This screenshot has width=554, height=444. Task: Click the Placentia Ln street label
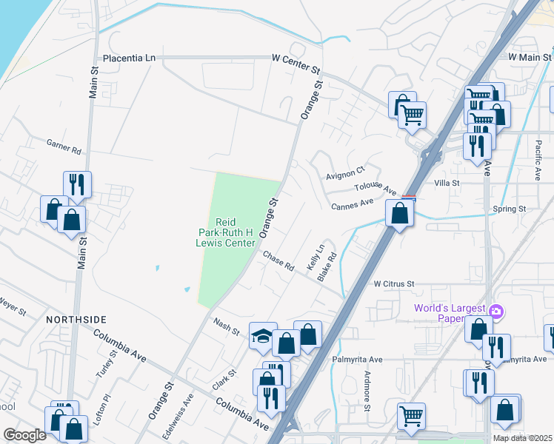130,58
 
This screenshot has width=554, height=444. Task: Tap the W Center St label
296,58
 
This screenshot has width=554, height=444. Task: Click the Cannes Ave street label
352,204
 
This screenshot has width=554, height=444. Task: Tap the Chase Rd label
279,260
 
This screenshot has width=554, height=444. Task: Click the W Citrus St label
393,283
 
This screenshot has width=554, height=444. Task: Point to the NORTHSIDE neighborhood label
76,320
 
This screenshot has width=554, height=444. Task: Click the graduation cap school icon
263,336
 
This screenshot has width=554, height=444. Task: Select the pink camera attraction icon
496,310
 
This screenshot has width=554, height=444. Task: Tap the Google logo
24,435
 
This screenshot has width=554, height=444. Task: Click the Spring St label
509,209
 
